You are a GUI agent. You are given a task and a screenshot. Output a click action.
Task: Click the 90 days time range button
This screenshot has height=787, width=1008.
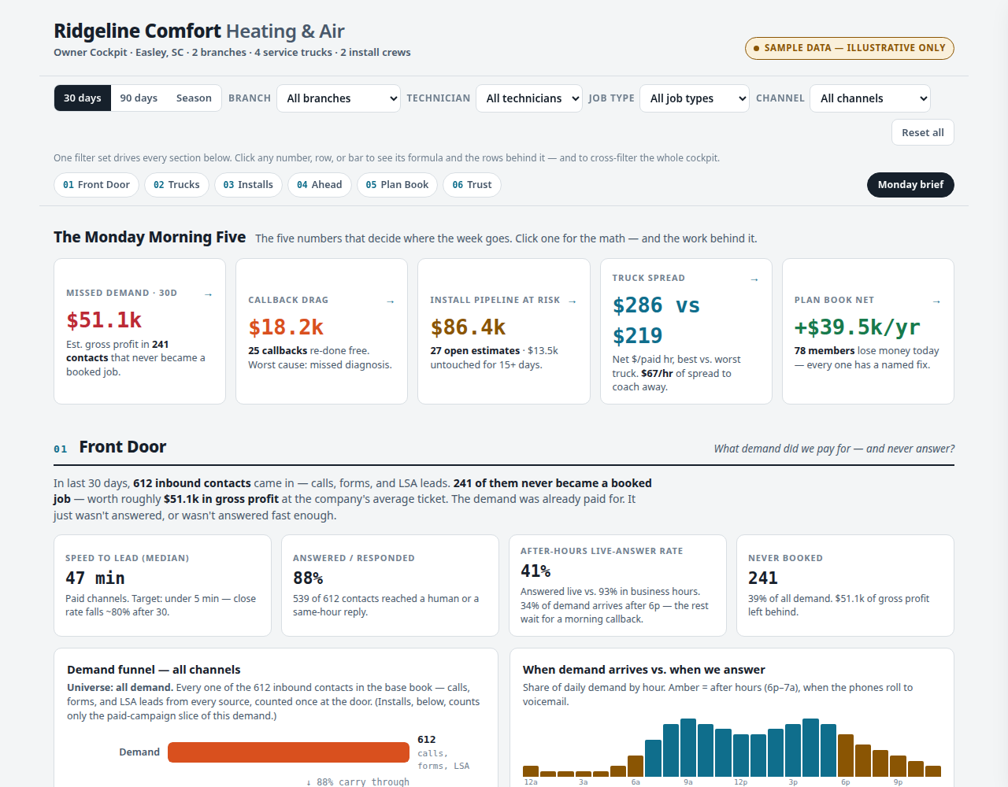click(139, 98)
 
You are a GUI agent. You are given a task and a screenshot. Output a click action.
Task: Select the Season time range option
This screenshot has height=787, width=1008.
click(194, 98)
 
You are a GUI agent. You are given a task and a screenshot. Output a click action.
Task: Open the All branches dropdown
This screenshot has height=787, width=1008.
click(338, 98)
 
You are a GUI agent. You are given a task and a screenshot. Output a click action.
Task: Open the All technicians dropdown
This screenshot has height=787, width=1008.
click(529, 98)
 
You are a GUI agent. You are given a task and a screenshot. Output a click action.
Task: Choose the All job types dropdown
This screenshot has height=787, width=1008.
click(694, 98)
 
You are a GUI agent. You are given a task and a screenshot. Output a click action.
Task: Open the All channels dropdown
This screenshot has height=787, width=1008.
click(869, 98)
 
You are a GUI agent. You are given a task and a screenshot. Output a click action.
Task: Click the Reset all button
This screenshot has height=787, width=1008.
click(922, 132)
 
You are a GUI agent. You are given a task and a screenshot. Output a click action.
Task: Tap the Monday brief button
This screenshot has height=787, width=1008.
click(910, 184)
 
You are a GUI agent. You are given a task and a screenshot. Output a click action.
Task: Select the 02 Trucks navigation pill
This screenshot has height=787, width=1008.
click(176, 184)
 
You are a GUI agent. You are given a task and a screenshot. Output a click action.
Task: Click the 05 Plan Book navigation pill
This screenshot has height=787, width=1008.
click(397, 184)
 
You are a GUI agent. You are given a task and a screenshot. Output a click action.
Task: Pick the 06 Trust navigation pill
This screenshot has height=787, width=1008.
click(471, 184)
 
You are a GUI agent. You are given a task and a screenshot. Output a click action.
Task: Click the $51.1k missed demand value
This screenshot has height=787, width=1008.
click(104, 320)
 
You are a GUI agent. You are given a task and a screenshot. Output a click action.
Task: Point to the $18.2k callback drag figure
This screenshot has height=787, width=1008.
click(286, 327)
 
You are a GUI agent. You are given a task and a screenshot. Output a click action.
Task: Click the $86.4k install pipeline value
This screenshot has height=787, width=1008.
click(468, 327)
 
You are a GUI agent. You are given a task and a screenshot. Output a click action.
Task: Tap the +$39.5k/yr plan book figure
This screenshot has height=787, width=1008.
click(857, 327)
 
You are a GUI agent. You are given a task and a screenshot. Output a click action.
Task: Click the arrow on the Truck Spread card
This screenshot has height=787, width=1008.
click(754, 279)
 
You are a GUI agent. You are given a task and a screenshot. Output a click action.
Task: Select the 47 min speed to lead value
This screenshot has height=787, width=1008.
click(95, 578)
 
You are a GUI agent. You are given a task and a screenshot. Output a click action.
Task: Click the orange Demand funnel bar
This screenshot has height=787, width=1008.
click(288, 752)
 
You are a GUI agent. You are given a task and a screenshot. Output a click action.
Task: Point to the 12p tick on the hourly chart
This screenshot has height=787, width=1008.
click(740, 782)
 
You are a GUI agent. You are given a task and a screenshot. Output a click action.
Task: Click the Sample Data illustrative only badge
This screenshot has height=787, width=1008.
click(849, 48)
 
